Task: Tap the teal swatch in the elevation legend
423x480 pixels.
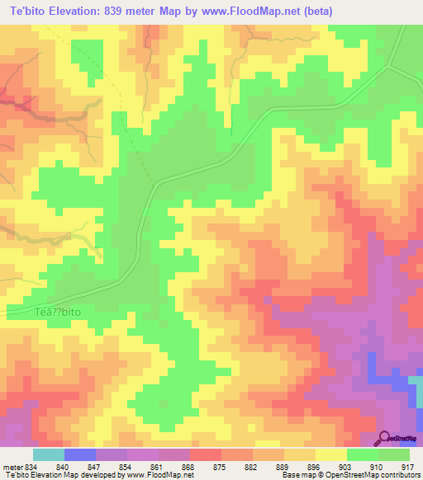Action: tap(48, 454)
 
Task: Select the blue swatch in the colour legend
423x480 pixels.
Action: tap(80, 454)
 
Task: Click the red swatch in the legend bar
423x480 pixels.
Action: tap(206, 454)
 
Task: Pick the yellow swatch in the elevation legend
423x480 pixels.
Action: tap(331, 454)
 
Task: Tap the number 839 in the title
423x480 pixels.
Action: tap(124, 9)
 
